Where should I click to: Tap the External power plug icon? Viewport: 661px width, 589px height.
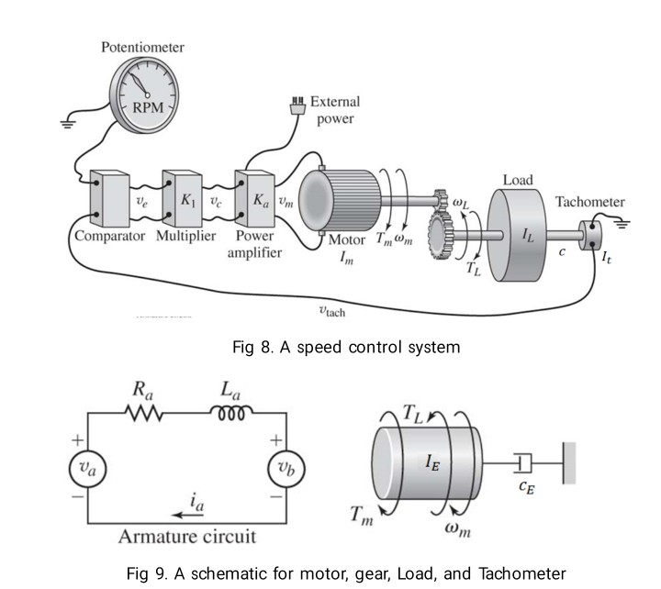point(297,106)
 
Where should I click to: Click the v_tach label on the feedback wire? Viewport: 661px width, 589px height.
point(331,311)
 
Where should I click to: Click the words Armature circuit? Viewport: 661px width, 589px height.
point(186,537)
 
